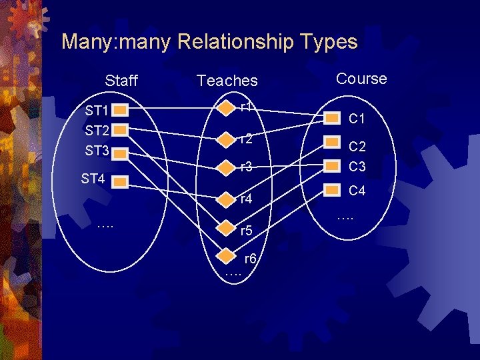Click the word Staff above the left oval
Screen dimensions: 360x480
pyautogui.click(x=121, y=81)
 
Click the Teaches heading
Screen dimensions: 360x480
pyautogui.click(x=227, y=81)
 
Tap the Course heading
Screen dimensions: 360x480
pyautogui.click(x=361, y=79)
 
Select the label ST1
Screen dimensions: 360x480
pyautogui.click(x=97, y=110)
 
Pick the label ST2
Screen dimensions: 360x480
pyautogui.click(x=97, y=130)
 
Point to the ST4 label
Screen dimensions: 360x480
pyautogui.click(x=93, y=178)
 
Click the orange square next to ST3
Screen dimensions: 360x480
pyautogui.click(x=120, y=153)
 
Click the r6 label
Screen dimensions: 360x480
pyautogui.click(x=250, y=259)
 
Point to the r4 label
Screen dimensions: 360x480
pyautogui.click(x=246, y=199)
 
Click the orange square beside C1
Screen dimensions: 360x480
pyautogui.click(x=332, y=118)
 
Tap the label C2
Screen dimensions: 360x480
pyautogui.click(x=357, y=147)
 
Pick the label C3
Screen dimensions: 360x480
pyautogui.click(x=357, y=165)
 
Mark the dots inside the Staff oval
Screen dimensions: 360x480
pyautogui.click(x=105, y=225)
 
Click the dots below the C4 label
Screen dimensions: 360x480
pyautogui.click(x=345, y=217)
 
